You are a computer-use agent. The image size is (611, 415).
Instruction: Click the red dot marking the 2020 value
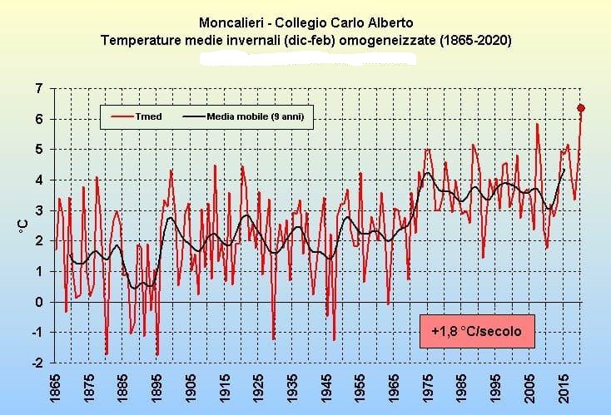pos(581,107)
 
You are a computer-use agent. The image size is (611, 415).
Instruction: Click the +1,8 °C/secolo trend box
pos(477,331)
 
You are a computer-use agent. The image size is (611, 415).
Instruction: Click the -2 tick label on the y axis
pos(37,363)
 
